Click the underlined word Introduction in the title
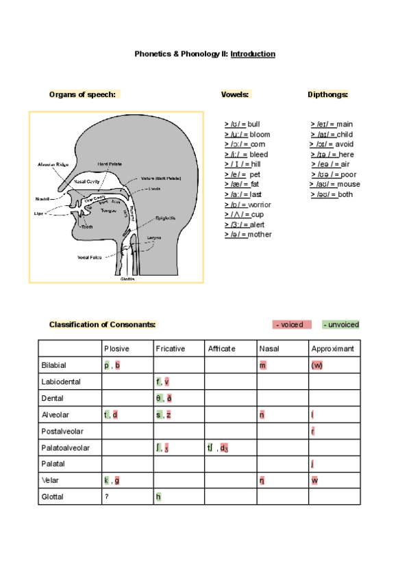(253, 53)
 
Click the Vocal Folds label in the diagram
(90, 258)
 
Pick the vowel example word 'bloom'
(260, 134)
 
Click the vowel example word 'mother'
(260, 235)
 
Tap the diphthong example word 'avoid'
(345, 144)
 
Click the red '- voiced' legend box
(292, 324)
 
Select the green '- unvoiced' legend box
(340, 324)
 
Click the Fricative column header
(171, 349)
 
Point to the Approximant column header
(333, 349)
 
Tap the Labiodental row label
(62, 382)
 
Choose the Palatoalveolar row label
(66, 448)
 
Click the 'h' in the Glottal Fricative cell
(158, 497)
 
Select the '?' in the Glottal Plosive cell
(106, 497)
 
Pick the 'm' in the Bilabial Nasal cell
(262, 366)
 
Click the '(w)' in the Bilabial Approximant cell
(316, 366)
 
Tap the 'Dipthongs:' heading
(328, 94)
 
